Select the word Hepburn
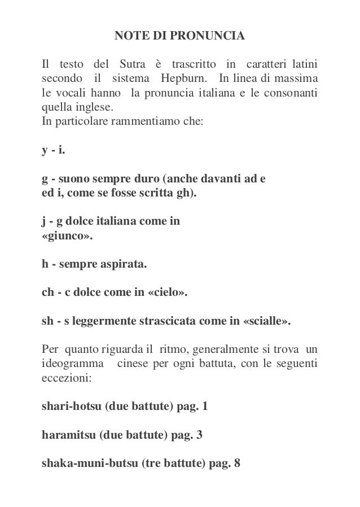[182, 77]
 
